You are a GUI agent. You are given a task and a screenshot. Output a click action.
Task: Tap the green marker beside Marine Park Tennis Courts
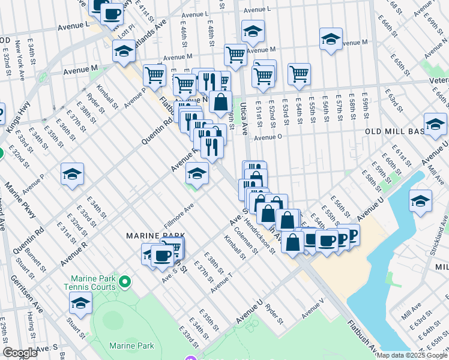point(125,281)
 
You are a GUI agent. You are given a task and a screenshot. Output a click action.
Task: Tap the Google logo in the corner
point(19,353)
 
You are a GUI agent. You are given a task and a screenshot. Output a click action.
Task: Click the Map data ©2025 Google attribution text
point(412,355)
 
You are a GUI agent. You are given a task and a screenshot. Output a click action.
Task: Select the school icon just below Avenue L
point(253,32)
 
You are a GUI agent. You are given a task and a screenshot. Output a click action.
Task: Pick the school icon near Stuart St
point(80,304)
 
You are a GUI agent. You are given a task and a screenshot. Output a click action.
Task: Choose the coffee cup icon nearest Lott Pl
point(112,13)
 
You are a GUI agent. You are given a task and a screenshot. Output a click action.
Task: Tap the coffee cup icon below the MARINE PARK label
point(161,256)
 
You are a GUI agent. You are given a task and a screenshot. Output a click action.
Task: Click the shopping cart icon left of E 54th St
point(298,74)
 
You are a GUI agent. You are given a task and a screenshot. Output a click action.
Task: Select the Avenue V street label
point(313,307)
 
